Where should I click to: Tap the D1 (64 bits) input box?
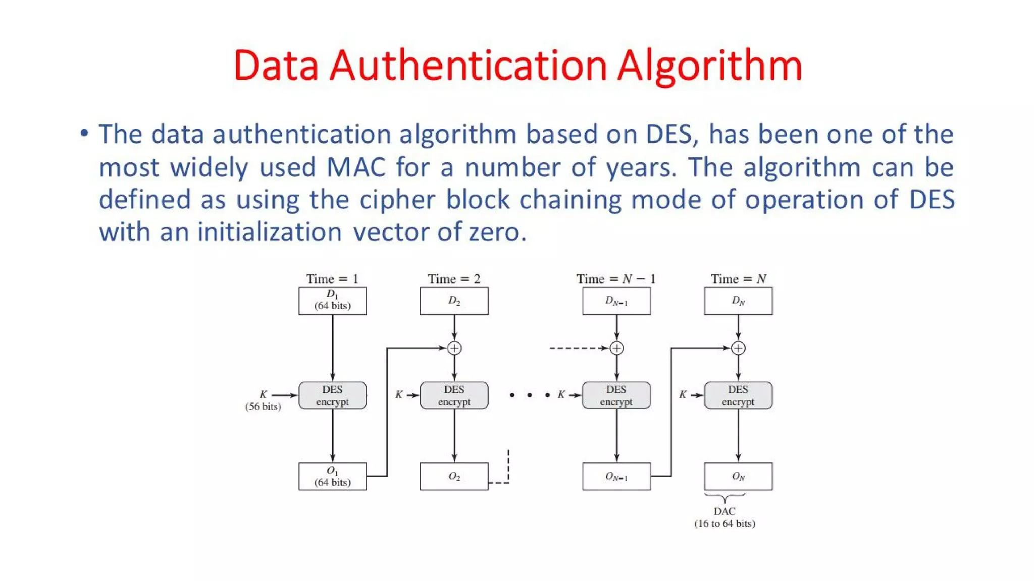[332, 301]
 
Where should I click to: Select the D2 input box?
[454, 301]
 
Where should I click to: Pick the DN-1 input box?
[616, 301]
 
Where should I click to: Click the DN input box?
[738, 301]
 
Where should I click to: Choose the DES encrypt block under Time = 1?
[332, 395]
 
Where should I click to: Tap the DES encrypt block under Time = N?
[738, 395]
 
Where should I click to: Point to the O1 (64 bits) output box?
[332, 476]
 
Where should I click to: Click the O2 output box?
[454, 476]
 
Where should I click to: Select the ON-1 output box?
[616, 476]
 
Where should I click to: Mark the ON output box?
[738, 476]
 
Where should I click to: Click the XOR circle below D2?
[454, 348]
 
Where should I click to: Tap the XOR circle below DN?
[738, 348]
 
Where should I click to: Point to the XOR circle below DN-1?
[616, 348]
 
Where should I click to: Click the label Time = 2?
[454, 279]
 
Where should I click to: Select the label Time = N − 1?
[616, 279]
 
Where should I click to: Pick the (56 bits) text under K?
[263, 406]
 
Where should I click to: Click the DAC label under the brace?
[725, 511]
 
